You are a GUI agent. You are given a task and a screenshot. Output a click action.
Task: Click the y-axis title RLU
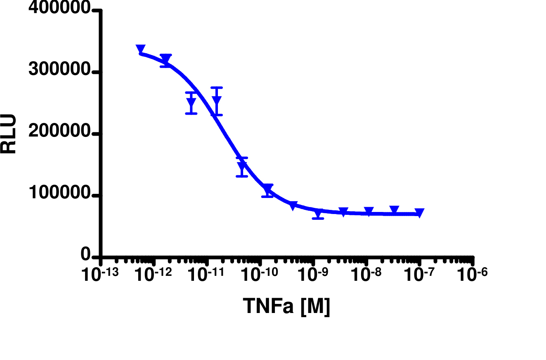(9, 134)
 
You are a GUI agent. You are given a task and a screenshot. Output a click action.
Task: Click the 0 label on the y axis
(86, 255)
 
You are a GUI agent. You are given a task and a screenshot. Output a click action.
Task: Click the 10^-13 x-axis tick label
(100, 274)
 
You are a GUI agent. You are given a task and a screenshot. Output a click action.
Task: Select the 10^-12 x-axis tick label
(153, 274)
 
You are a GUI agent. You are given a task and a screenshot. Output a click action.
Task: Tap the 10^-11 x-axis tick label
(207, 274)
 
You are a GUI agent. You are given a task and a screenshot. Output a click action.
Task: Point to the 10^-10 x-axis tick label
(260, 274)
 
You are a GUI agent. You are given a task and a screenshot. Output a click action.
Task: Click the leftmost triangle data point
(140, 49)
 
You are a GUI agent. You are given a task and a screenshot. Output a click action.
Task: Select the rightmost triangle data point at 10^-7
(419, 213)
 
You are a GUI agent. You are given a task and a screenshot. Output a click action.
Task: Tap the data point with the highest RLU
(140, 49)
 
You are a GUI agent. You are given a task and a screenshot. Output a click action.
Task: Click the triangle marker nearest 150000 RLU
(242, 167)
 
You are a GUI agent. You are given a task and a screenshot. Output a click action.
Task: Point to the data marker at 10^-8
(369, 212)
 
